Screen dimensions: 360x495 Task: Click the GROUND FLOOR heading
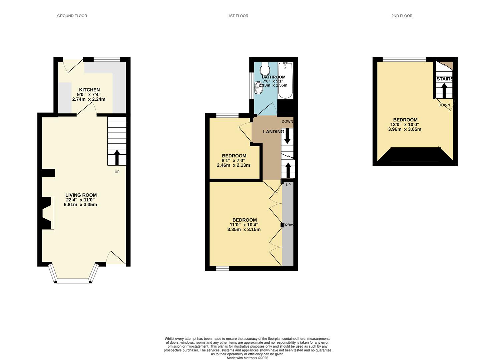tap(72, 16)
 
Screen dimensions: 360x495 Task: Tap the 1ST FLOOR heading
tap(238, 16)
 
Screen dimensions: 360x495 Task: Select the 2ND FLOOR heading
tap(402, 16)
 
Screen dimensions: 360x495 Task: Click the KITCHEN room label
tap(89, 90)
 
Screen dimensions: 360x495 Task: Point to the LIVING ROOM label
tap(81, 195)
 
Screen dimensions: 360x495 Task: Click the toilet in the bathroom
tap(266, 69)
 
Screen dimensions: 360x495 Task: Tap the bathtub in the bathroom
tap(285, 81)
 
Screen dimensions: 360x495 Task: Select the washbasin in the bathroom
tap(258, 88)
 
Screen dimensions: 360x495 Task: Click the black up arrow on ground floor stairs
tap(117, 157)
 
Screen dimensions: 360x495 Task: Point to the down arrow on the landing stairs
tap(287, 136)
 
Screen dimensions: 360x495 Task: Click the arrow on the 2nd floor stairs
tap(444, 90)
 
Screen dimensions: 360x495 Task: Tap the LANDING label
tap(274, 132)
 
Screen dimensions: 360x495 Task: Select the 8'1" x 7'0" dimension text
tap(233, 160)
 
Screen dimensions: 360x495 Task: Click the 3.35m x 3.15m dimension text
tap(244, 229)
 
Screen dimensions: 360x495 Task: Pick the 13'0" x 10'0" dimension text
tap(405, 124)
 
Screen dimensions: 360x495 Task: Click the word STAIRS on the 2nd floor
tap(445, 79)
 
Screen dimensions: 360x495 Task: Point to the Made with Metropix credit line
tap(247, 358)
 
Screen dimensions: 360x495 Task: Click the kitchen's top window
tap(106, 60)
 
